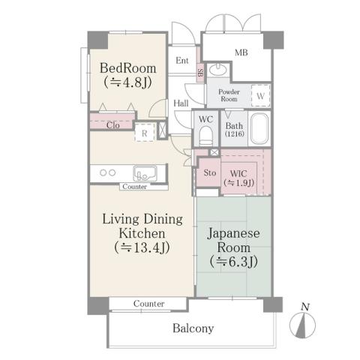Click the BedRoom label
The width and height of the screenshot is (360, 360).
pos(128,68)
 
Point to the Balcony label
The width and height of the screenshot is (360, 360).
pos(193,328)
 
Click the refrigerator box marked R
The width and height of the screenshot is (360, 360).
pos(144,132)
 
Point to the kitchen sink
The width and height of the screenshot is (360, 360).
pos(145,172)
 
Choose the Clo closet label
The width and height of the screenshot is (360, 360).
pos(112,125)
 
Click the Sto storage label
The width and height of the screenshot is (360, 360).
pos(209,172)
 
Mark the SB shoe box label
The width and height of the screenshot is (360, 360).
pos(200,73)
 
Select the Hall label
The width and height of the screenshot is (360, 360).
pos(181,103)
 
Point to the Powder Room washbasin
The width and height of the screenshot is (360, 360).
pos(220,72)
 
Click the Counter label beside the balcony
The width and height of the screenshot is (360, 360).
pos(149,304)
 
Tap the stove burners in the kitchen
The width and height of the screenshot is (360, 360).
pos(104,172)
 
